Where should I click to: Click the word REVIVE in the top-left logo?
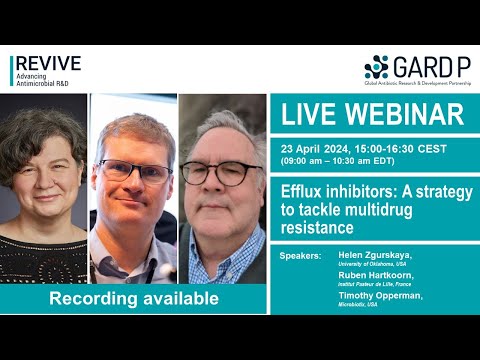click(x=47, y=63)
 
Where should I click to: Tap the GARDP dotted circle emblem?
click(x=376, y=68)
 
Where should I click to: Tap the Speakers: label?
click(x=301, y=256)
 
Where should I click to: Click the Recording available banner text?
click(x=135, y=298)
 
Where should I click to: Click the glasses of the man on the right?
click(x=221, y=172)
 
